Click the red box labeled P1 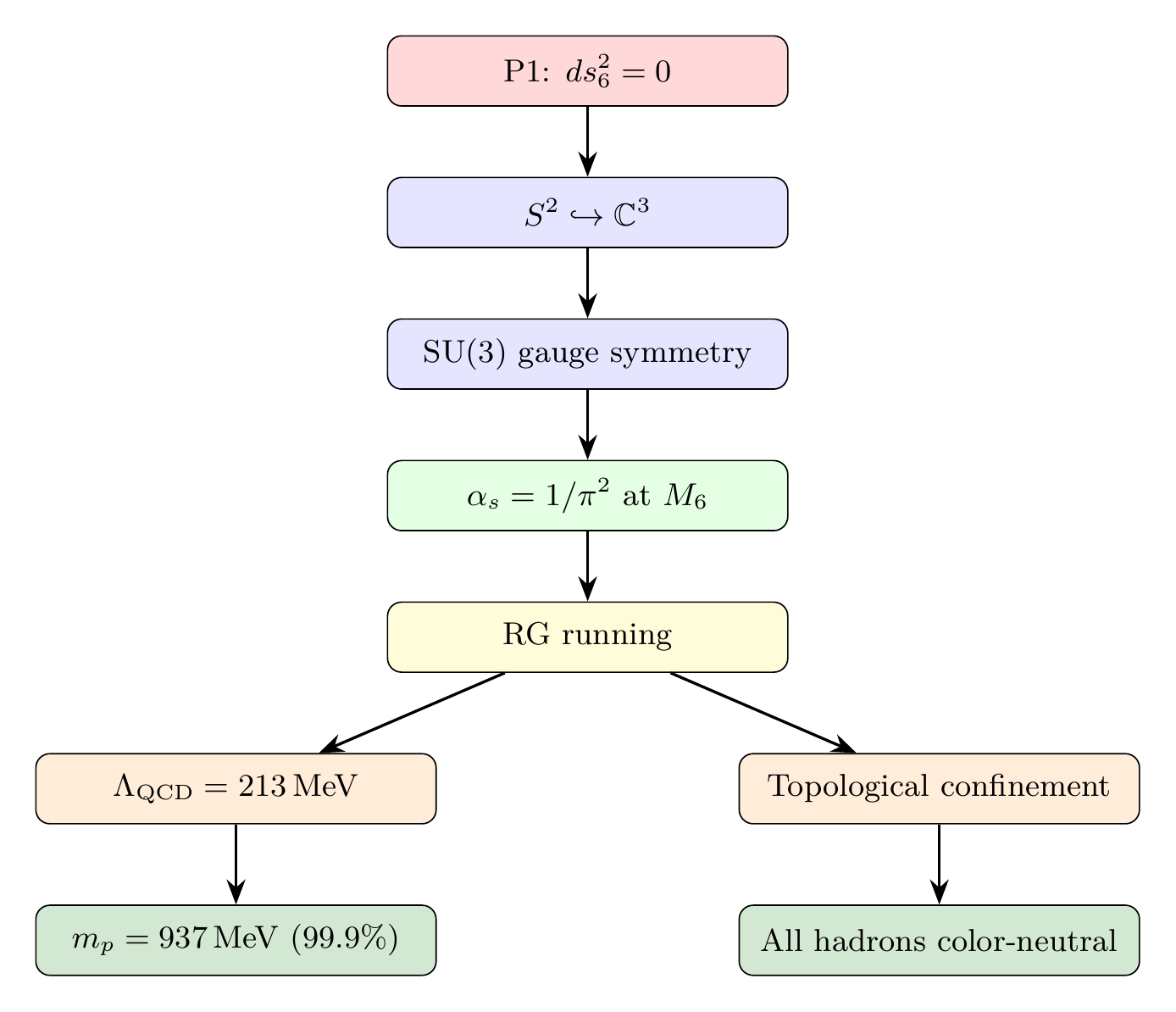587,71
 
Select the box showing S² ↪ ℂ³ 587,213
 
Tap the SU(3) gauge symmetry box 587,354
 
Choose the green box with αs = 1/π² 587,496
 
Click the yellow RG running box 587,637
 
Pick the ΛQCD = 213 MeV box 236,788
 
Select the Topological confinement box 939,788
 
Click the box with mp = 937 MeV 236,941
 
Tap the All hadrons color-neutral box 939,941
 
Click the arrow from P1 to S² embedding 587,141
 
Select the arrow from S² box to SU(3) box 587,282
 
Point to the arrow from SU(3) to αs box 587,424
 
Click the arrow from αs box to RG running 587,565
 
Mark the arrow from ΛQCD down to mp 236,864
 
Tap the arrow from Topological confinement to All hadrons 939,864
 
